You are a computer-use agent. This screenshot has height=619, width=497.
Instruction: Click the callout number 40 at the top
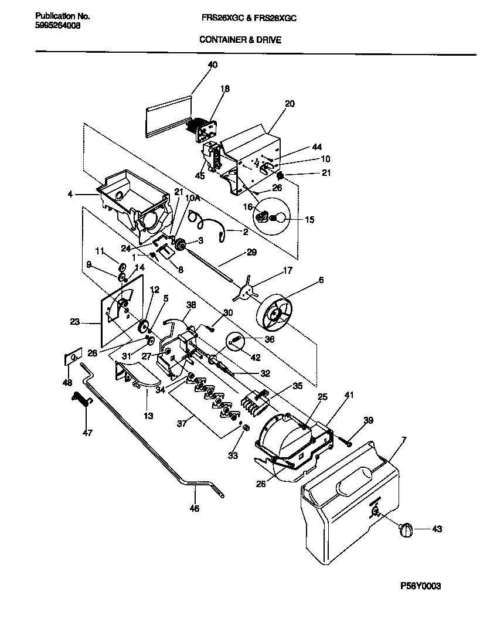click(212, 65)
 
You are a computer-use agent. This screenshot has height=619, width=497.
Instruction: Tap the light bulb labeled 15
click(278, 219)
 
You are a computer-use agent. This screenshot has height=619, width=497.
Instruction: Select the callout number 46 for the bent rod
click(195, 508)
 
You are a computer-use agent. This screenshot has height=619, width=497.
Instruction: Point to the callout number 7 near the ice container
click(404, 440)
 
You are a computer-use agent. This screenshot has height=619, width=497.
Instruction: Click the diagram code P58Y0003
click(420, 586)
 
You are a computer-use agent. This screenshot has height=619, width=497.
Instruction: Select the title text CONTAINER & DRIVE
click(240, 40)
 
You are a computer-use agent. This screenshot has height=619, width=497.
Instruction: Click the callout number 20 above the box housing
click(290, 104)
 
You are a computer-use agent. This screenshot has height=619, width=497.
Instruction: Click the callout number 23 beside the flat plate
click(74, 321)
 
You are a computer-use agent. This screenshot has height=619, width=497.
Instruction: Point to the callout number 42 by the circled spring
click(257, 357)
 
